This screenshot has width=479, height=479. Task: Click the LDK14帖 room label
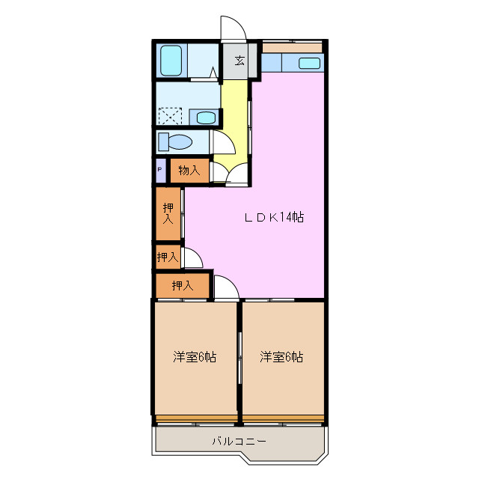(274, 218)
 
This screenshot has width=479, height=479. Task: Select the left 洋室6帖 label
(195, 357)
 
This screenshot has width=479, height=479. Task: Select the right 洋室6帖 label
(281, 357)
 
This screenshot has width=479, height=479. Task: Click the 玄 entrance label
(239, 61)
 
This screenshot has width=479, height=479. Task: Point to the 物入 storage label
(189, 171)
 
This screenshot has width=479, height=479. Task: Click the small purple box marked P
(159, 171)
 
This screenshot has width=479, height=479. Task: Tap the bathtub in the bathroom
(172, 60)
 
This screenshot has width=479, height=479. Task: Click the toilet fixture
(177, 141)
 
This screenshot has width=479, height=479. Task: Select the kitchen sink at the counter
(310, 63)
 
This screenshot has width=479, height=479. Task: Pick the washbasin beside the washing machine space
(204, 117)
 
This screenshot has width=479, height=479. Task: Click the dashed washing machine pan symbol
(170, 116)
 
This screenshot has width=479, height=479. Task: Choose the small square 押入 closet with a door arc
(168, 257)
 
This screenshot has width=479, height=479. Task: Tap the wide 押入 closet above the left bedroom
(183, 285)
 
